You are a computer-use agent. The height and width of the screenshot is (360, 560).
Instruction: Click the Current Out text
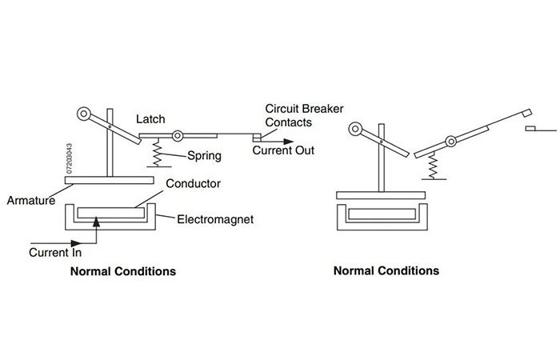[283, 150]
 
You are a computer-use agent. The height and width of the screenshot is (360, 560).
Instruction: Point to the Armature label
[31, 200]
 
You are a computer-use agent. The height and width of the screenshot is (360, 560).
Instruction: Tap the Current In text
[56, 253]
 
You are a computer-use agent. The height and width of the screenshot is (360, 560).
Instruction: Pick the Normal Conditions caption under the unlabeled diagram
[386, 270]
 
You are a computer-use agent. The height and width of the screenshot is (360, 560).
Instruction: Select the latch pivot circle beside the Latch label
[178, 134]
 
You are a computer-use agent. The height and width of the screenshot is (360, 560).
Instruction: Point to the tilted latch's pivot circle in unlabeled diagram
[450, 142]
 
